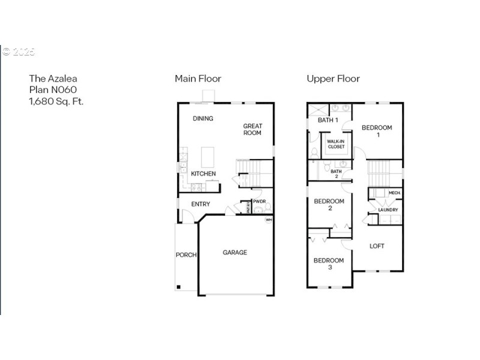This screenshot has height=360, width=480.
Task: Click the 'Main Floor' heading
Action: click(x=198, y=79)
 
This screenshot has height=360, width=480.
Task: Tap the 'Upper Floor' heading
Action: click(x=333, y=79)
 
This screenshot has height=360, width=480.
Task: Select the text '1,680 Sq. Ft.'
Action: click(x=56, y=101)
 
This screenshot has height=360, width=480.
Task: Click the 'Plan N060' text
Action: click(x=53, y=89)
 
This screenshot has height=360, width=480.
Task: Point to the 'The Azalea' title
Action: click(x=53, y=78)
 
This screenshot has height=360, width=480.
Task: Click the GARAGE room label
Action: click(x=235, y=253)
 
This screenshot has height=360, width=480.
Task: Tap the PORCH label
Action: click(x=186, y=255)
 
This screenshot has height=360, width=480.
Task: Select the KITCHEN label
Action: click(x=203, y=174)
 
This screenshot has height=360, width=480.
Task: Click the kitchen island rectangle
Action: click(x=208, y=157)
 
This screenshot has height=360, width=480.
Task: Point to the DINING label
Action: click(x=203, y=118)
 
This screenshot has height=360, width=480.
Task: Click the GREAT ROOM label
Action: click(x=253, y=130)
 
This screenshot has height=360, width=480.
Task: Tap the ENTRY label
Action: click(x=200, y=204)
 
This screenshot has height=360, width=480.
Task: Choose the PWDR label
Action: click(x=259, y=202)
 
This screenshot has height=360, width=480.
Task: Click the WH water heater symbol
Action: click(x=268, y=220)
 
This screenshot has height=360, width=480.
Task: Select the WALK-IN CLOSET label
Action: click(x=336, y=144)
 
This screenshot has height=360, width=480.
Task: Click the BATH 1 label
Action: click(x=328, y=120)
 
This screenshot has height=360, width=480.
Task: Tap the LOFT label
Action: click(x=377, y=246)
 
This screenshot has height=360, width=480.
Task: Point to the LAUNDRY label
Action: click(x=388, y=209)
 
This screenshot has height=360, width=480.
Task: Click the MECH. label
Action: click(x=394, y=193)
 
